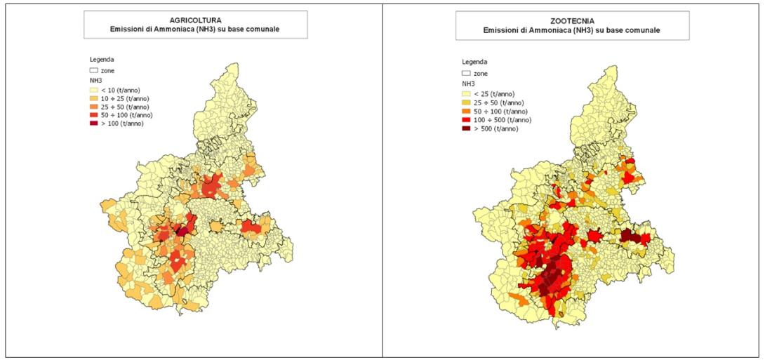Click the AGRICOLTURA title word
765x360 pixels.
(x=195, y=20)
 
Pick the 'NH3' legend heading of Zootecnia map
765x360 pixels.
(x=467, y=84)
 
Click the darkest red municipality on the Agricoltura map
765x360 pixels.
(x=182, y=230)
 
